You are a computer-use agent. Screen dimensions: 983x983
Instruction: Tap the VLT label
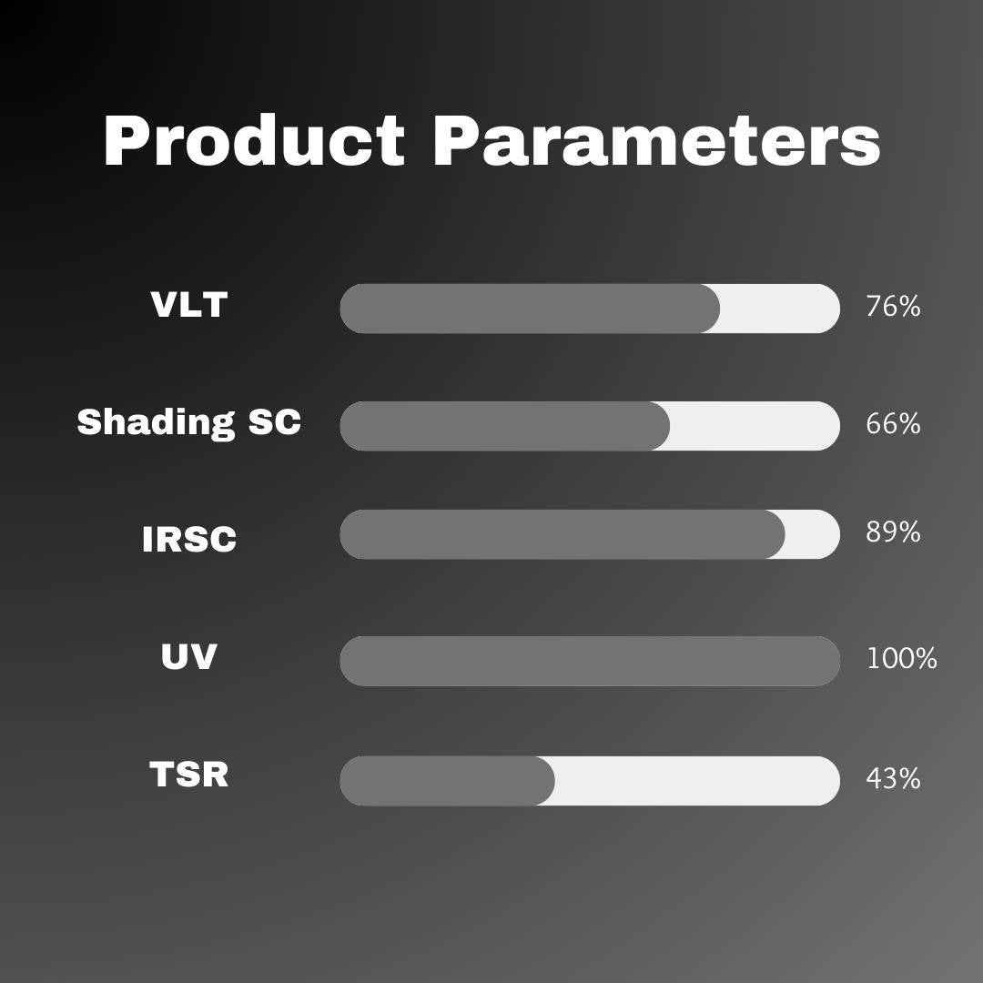tap(188, 305)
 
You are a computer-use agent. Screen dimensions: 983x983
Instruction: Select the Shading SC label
tap(188, 422)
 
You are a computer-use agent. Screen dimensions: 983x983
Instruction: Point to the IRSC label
tap(188, 539)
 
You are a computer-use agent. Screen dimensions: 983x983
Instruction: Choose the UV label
tap(188, 656)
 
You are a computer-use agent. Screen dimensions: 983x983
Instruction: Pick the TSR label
tap(188, 775)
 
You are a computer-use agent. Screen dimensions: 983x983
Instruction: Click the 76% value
tap(892, 307)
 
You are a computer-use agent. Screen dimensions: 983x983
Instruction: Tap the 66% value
tap(892, 424)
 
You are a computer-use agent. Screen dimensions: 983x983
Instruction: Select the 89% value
tap(892, 532)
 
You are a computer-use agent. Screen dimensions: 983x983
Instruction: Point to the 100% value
tap(900, 659)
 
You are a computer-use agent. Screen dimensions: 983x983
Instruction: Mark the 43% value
tap(892, 779)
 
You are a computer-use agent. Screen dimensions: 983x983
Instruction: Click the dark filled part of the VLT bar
tap(528, 309)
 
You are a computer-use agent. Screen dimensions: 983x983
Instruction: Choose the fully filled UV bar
tap(589, 661)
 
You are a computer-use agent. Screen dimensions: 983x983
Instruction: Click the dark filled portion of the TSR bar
tap(446, 781)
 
